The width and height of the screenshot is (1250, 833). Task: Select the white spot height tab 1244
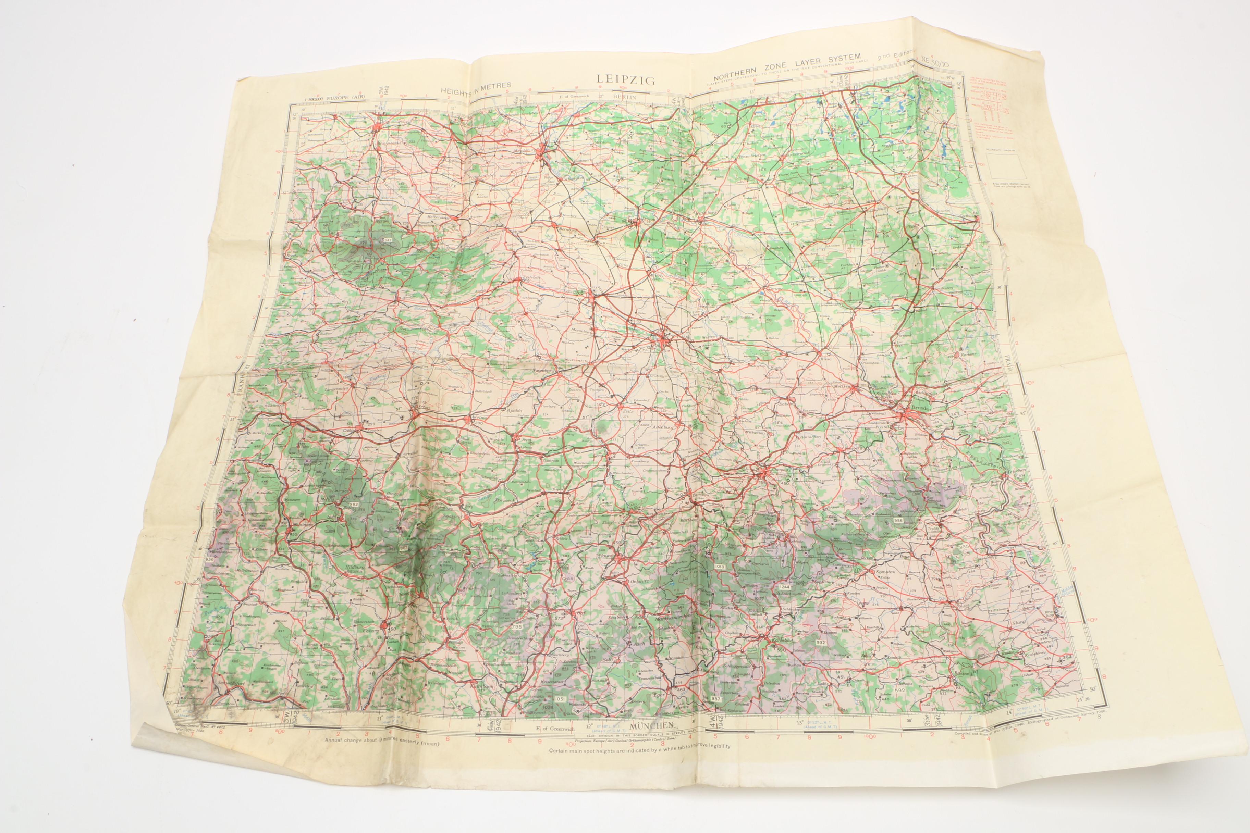(x=784, y=586)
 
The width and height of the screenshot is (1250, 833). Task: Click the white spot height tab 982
(x=355, y=503)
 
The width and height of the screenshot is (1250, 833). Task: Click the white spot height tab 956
(x=898, y=520)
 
